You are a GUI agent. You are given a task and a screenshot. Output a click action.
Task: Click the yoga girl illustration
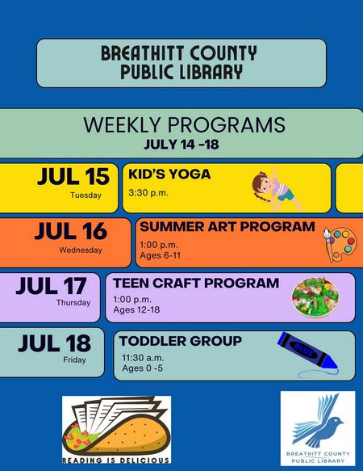tap(275, 189)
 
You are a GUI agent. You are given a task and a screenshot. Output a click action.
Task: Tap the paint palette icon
tap(340, 244)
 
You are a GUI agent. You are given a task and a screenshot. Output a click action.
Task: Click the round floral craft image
tap(315, 296)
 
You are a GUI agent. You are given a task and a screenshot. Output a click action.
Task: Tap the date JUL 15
tap(73, 176)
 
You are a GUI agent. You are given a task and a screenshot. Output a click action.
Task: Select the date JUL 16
tap(71, 231)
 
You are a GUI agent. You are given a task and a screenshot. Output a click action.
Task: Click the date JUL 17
tap(52, 286)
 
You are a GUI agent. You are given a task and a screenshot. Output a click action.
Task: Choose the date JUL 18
tap(54, 343)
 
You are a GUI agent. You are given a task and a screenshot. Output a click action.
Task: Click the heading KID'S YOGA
tap(169, 175)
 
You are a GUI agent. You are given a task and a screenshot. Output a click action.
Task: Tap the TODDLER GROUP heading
tap(181, 341)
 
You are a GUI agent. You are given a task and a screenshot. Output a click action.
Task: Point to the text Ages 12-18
tap(136, 309)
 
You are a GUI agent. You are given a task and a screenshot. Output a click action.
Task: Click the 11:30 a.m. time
tap(143, 358)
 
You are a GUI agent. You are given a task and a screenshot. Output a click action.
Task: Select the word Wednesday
tap(81, 250)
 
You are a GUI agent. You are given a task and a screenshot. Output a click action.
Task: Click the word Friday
tap(74, 360)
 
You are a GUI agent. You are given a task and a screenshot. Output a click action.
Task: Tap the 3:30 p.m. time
tap(148, 192)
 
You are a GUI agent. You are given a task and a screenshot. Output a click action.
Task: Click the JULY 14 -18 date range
tap(181, 144)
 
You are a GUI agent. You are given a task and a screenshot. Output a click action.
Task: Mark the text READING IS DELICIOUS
tap(116, 460)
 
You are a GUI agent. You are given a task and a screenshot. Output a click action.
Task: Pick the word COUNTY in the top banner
tap(223, 53)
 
